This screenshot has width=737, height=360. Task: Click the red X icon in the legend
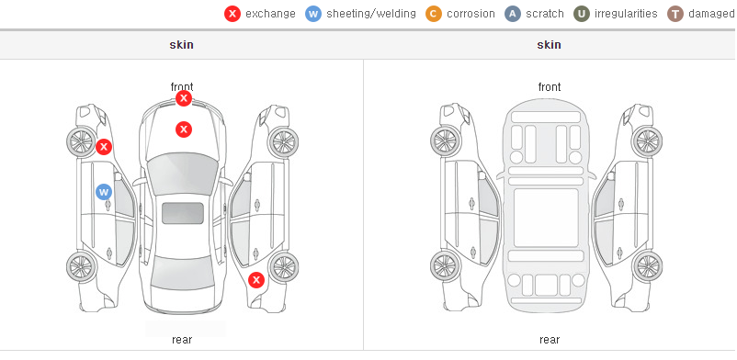(232, 14)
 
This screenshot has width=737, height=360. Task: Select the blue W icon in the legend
(313, 14)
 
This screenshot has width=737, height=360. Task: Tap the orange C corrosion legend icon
(434, 14)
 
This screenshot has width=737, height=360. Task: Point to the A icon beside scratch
(513, 14)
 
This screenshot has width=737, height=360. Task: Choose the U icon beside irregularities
(582, 14)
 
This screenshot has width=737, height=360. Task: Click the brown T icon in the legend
(675, 14)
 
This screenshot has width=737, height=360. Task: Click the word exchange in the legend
(270, 14)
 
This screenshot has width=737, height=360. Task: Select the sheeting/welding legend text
(371, 14)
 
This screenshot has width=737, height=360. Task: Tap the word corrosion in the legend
(471, 14)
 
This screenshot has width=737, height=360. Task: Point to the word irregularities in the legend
(626, 14)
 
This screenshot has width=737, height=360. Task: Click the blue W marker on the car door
(104, 192)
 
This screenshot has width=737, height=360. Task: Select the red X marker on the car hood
(184, 129)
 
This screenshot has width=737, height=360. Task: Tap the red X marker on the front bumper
(184, 98)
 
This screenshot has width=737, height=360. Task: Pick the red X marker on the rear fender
(256, 281)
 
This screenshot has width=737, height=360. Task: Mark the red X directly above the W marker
(104, 147)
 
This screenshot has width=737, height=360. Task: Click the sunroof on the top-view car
(183, 213)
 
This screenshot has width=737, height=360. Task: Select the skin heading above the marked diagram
(181, 45)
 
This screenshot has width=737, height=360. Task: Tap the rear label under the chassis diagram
(550, 340)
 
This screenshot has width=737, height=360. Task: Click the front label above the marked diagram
(182, 87)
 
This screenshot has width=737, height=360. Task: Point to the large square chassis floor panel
(546, 218)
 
